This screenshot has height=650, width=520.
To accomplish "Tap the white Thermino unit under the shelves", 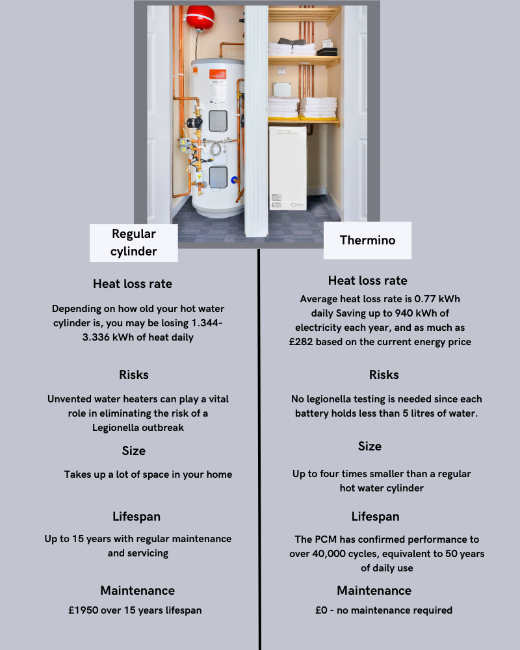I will pos(287,167).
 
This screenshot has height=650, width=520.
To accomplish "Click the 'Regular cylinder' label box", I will pos(133,242).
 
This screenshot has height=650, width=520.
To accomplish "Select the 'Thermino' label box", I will pos(367,240).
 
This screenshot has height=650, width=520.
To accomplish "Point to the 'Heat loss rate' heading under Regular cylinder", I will pos(133,284).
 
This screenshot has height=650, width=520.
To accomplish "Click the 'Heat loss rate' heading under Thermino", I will pos(367,281).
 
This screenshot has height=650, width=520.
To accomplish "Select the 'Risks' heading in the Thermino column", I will pos(383,375).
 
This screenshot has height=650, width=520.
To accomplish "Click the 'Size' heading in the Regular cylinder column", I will pos(133,451).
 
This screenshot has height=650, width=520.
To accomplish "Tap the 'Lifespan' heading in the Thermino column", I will pos(375,517).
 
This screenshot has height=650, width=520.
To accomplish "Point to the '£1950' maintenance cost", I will pos(83,610).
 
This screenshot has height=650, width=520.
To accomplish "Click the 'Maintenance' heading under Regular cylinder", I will pos(137,591).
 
